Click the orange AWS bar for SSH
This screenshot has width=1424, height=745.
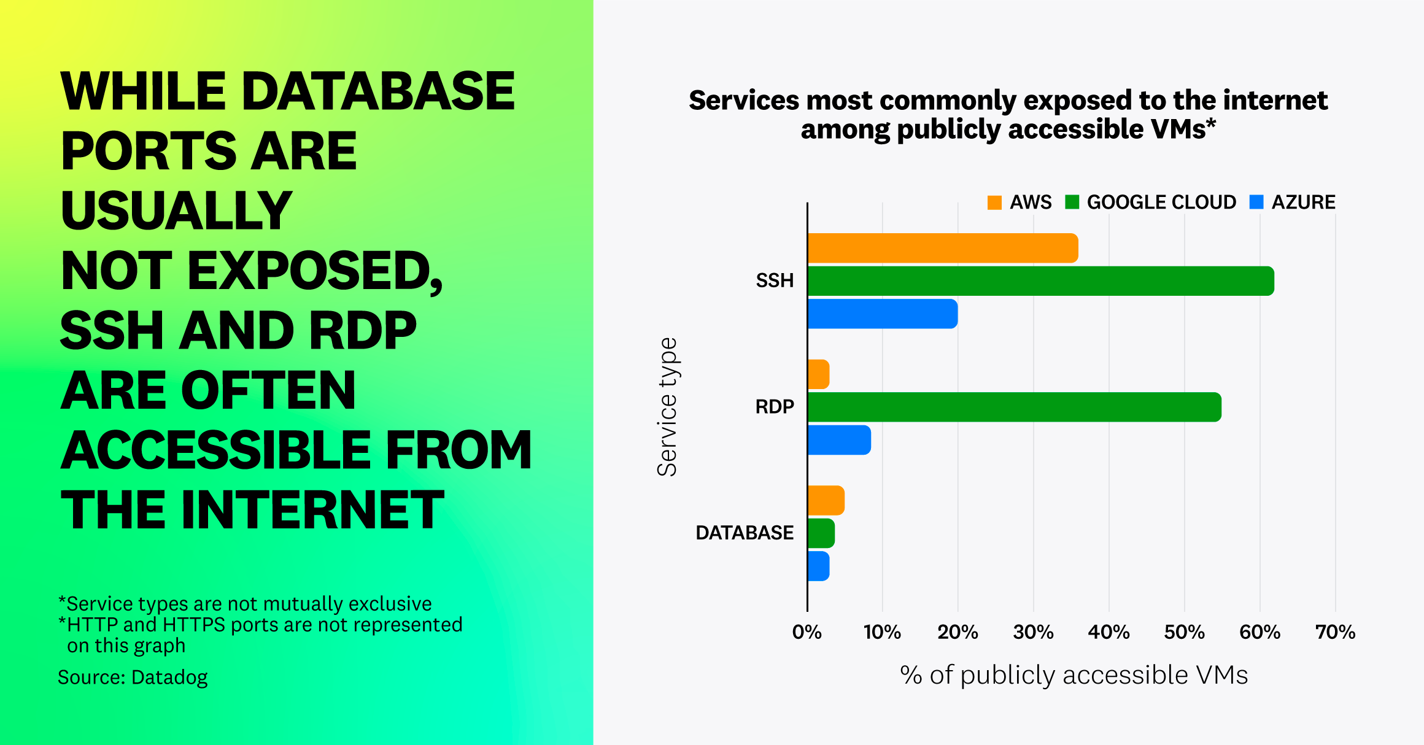[x=942, y=248]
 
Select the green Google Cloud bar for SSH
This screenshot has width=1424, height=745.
[x=1040, y=281]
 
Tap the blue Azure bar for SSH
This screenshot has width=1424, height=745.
[x=882, y=314]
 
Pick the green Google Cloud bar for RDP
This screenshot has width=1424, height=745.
[x=1014, y=407]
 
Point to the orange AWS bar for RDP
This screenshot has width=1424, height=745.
[x=819, y=374]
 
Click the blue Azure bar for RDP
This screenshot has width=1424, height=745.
[x=839, y=440]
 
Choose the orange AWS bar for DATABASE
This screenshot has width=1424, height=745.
[x=826, y=500]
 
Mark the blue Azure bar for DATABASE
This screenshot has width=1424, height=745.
[x=819, y=566]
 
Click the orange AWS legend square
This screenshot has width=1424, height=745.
[x=994, y=203]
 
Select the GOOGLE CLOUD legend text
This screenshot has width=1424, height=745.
[x=1161, y=203]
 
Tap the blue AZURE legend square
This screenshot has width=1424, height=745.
[x=1256, y=203]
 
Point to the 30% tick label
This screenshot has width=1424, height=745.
[x=1033, y=632]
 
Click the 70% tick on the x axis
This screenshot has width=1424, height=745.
[x=1335, y=632]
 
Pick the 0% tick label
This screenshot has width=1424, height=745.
[x=807, y=632]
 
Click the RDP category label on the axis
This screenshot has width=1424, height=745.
[x=775, y=407]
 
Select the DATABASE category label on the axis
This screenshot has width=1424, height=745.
[x=745, y=533]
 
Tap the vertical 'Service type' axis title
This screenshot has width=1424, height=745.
[x=667, y=407]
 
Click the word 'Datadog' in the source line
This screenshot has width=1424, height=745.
[x=169, y=677]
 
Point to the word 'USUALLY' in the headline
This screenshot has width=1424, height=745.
[x=176, y=210]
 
